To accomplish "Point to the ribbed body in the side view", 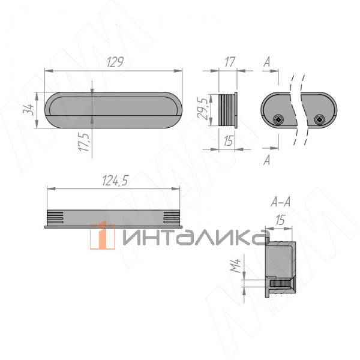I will click(x=227, y=110).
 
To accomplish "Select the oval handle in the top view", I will click(x=114, y=110).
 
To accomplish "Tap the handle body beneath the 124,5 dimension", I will click(x=113, y=217).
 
